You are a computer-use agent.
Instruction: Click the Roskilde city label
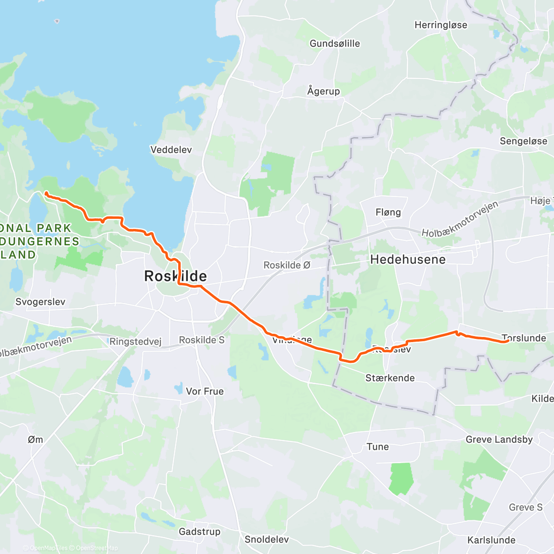click(175, 276)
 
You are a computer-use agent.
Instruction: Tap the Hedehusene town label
click(408, 259)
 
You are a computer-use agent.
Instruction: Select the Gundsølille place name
click(335, 43)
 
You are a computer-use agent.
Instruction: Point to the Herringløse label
click(440, 25)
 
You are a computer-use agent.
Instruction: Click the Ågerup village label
click(323, 91)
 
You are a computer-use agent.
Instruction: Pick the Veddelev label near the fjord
click(171, 150)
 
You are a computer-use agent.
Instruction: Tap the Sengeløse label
click(523, 141)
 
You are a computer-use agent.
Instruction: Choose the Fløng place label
click(388, 212)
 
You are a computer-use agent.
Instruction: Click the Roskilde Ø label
click(287, 265)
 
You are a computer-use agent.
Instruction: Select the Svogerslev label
click(40, 302)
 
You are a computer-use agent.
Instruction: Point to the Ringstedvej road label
click(135, 342)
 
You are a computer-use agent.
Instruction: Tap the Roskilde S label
click(201, 340)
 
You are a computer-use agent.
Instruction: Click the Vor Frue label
click(205, 391)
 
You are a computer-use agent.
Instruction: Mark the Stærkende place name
click(390, 378)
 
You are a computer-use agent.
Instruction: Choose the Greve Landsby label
click(499, 440)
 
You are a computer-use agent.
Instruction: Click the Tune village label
click(377, 447)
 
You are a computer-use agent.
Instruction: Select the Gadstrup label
click(199, 532)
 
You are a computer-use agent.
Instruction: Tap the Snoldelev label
click(266, 539)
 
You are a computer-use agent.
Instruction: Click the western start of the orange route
click(46, 193)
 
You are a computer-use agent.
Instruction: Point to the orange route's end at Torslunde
click(507, 341)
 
